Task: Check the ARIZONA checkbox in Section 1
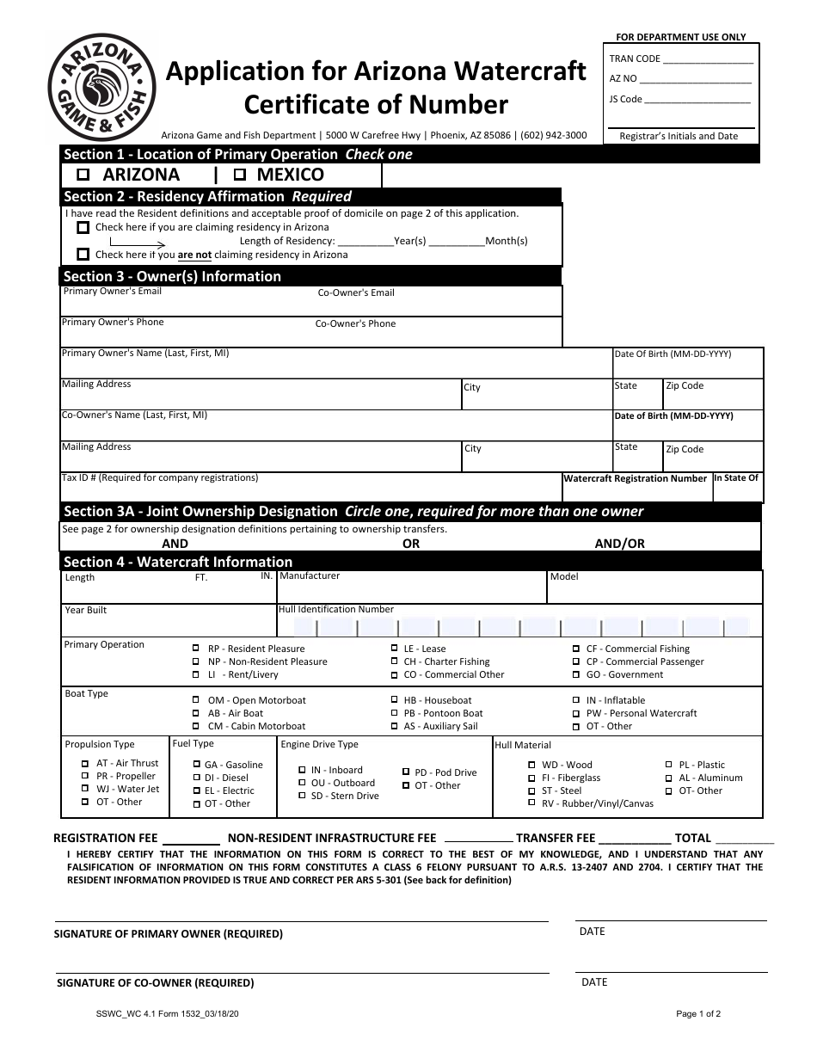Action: pyautogui.click(x=84, y=175)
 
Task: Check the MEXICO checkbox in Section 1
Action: pyautogui.click(x=240, y=175)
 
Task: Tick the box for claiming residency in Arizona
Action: pyautogui.click(x=83, y=228)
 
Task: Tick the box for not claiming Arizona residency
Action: pyautogui.click(x=83, y=255)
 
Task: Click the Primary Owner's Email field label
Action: pyautogui.click(x=112, y=292)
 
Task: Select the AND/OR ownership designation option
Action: pyautogui.click(x=619, y=544)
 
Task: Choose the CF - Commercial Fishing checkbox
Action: pyautogui.click(x=575, y=649)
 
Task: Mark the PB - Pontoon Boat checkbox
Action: pyautogui.click(x=394, y=714)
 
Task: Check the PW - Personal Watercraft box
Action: pyautogui.click(x=575, y=714)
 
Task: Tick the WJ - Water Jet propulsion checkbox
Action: pyautogui.click(x=85, y=789)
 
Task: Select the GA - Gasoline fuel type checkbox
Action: pyautogui.click(x=197, y=765)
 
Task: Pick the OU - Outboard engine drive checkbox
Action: pyautogui.click(x=302, y=784)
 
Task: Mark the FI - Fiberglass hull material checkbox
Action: pyautogui.click(x=531, y=778)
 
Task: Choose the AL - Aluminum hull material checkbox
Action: pyautogui.click(x=669, y=778)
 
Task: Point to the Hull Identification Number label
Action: pyautogui.click(x=335, y=610)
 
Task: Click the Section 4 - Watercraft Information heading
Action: pyautogui.click(x=178, y=562)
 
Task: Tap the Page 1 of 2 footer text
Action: pyautogui.click(x=698, y=1014)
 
